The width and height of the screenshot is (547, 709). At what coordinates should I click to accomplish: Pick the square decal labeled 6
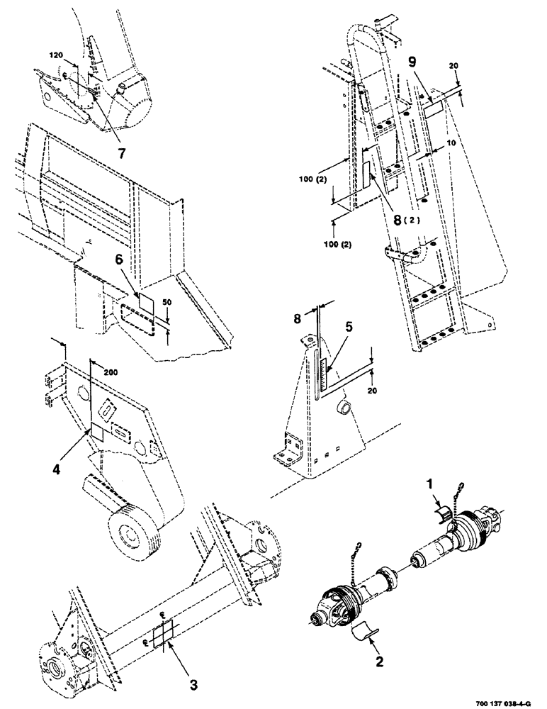click(x=145, y=301)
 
